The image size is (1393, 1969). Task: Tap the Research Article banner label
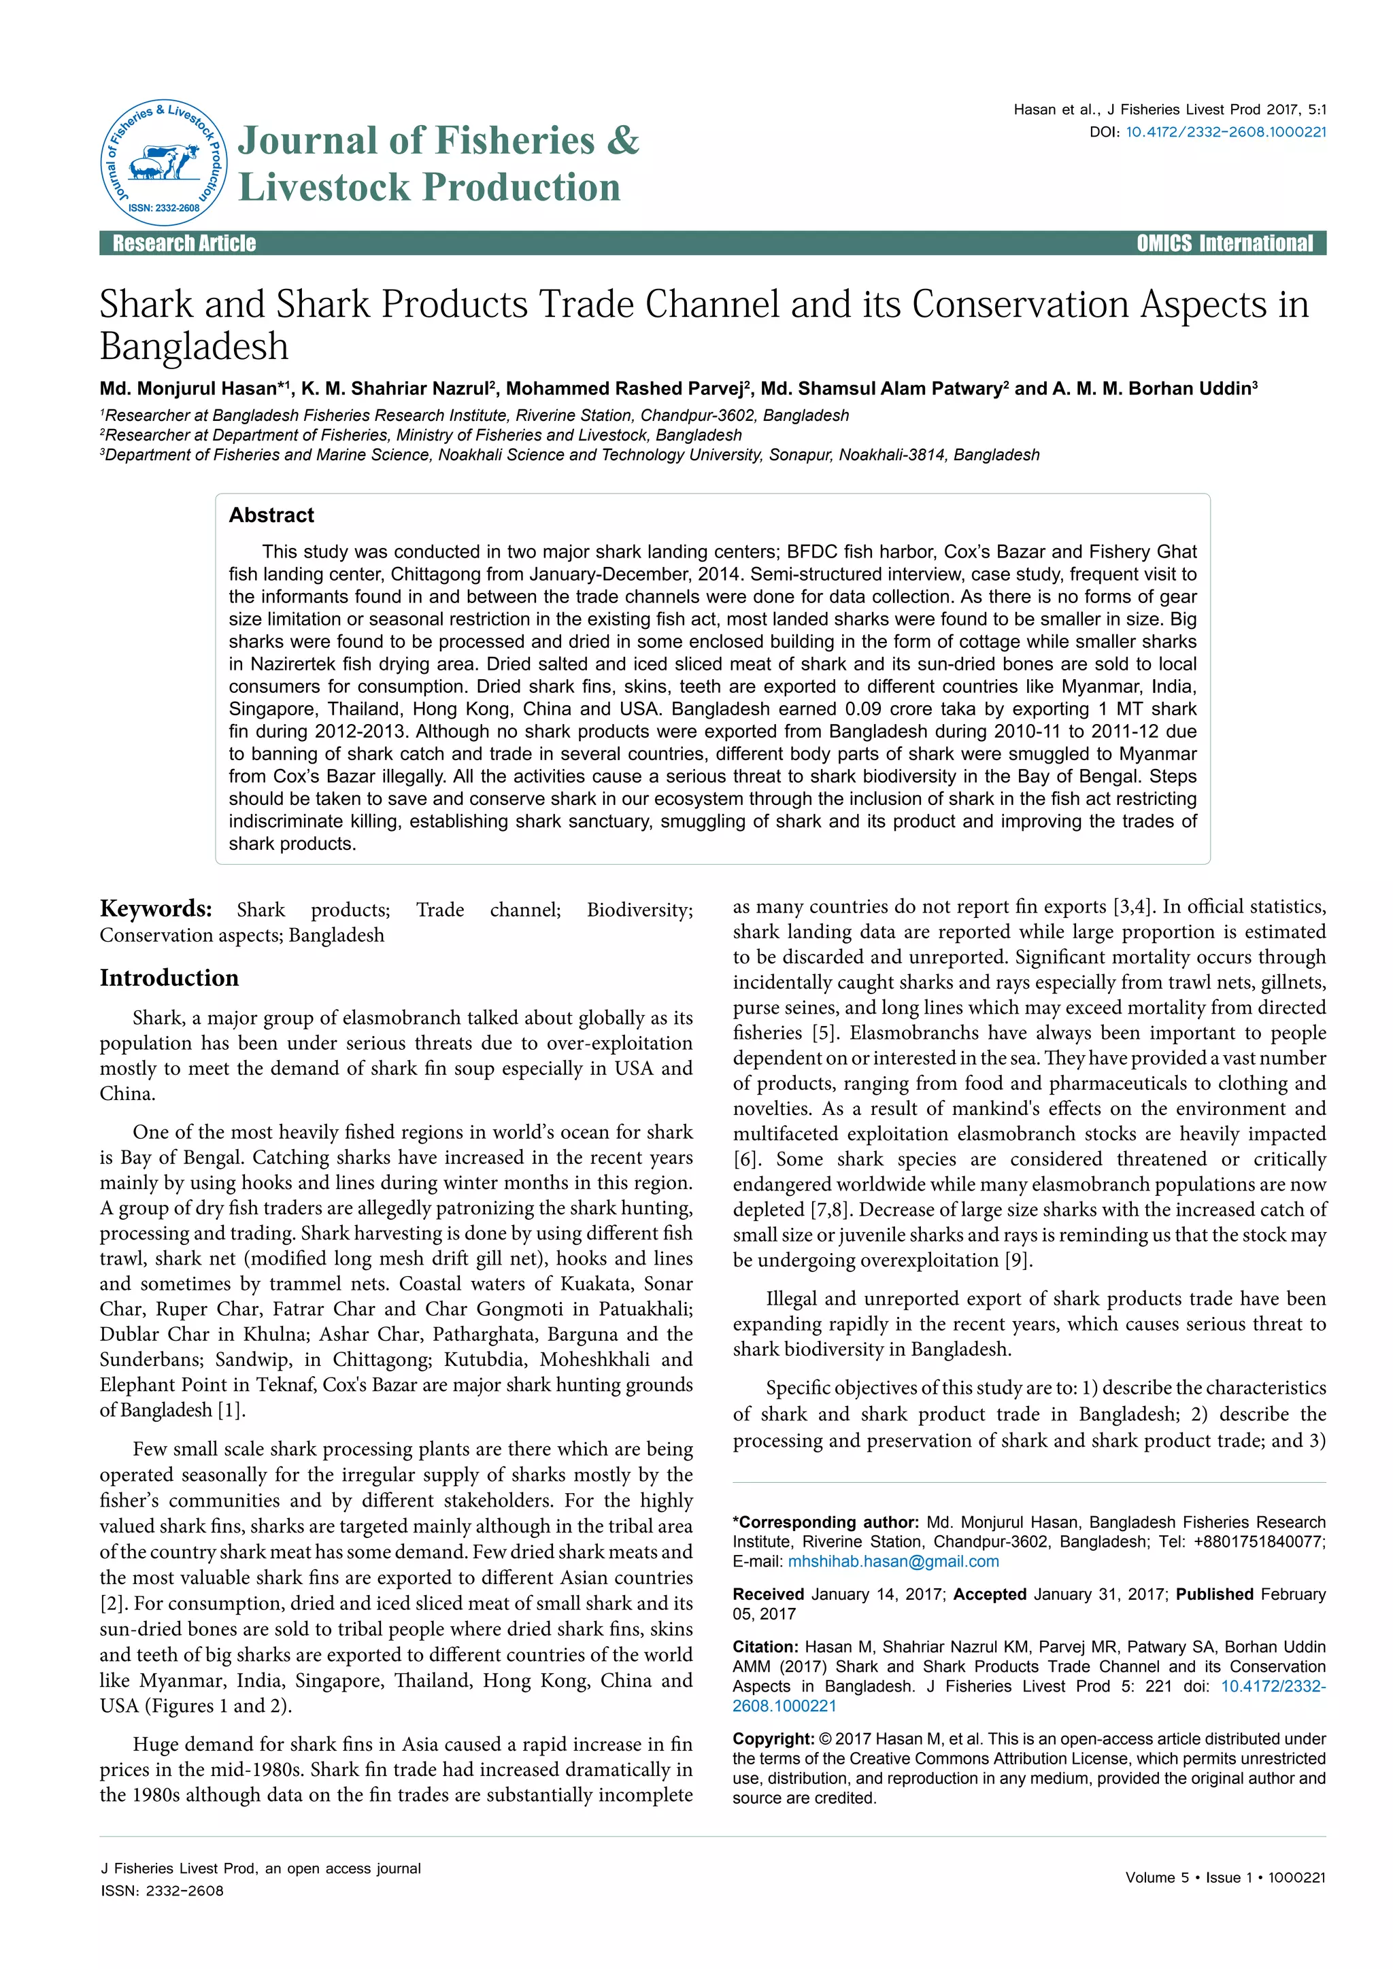click(x=184, y=243)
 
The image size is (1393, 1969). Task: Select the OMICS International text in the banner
click(x=1224, y=243)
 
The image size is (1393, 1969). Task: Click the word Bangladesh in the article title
click(x=194, y=347)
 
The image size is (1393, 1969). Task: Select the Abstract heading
click(x=271, y=515)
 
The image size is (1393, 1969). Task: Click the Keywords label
click(x=155, y=909)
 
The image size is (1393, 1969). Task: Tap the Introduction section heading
click(x=169, y=978)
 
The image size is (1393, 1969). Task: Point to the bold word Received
click(x=768, y=1594)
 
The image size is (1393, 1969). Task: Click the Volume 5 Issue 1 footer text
click(x=1225, y=1877)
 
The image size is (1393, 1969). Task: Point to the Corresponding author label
click(x=826, y=1522)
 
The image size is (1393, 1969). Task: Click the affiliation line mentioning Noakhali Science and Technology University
click(x=569, y=456)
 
